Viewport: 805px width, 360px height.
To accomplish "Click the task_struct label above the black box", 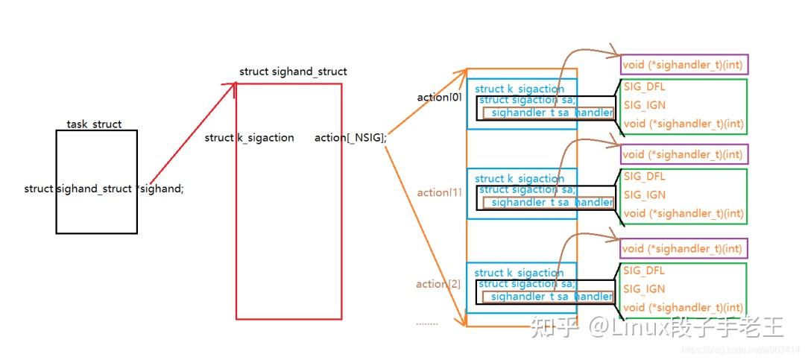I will (94, 124).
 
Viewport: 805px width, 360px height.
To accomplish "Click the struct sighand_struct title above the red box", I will (293, 72).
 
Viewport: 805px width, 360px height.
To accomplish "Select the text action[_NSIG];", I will (350, 138).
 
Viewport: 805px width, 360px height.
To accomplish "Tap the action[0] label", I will (440, 98).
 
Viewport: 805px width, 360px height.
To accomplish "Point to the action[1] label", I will (440, 193).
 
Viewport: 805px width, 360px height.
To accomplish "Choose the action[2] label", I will (438, 284).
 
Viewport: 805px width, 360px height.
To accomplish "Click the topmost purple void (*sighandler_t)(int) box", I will (683, 65).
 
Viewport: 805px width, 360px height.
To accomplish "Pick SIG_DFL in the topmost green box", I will (644, 87).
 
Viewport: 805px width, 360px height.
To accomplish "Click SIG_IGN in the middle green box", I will (645, 195).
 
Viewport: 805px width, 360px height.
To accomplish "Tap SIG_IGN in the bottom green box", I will (645, 289).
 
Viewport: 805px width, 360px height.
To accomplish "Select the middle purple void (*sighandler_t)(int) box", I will (683, 154).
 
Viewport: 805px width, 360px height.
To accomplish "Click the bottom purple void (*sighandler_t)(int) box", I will (683, 248).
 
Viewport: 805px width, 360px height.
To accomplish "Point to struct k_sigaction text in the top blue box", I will (520, 89).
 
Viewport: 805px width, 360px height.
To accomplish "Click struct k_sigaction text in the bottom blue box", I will (519, 273).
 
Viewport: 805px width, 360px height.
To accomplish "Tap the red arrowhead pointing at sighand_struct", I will (232, 86).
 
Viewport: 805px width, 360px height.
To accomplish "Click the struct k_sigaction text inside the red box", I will (249, 138).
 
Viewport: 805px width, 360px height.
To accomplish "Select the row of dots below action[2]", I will (427, 323).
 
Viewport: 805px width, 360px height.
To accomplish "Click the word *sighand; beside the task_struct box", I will (161, 189).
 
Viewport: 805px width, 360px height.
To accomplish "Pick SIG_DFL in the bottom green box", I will (644, 271).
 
